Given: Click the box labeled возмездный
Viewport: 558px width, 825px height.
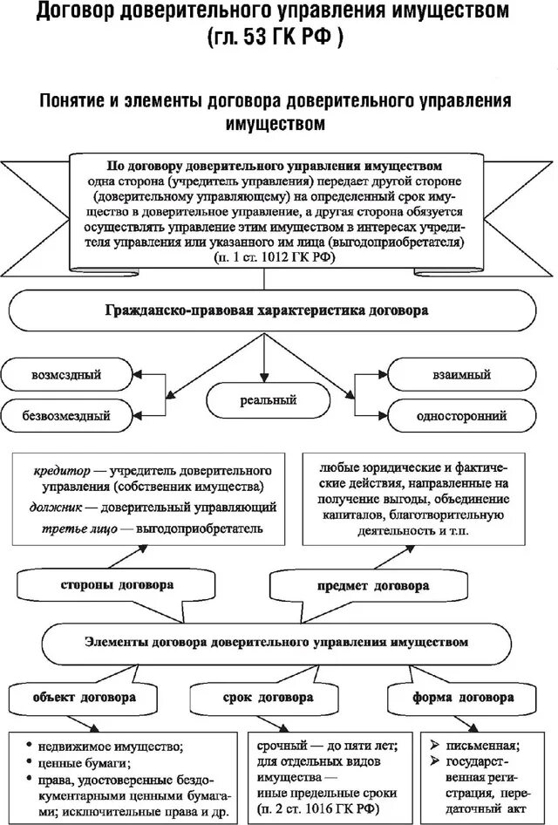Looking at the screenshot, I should click(x=66, y=375).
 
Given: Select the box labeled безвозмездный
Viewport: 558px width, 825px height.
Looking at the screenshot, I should click(x=66, y=415).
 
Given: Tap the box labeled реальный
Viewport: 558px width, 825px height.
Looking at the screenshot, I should click(x=269, y=400).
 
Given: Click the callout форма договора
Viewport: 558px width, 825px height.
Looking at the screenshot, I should click(x=463, y=699).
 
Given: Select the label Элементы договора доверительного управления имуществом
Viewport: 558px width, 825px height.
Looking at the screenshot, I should click(x=276, y=642).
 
